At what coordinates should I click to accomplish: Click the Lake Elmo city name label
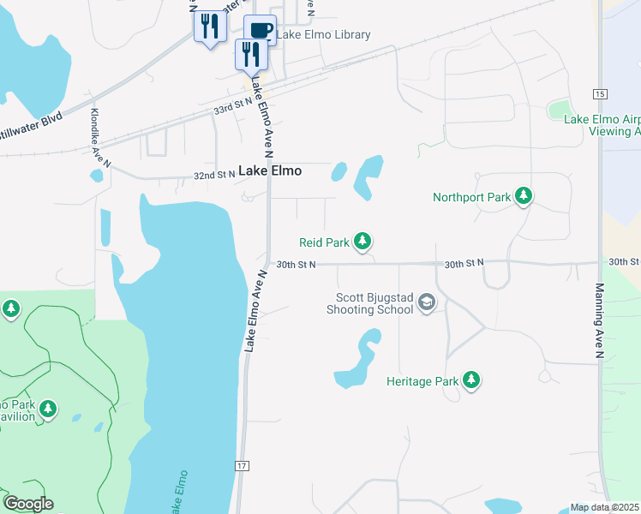[x=270, y=171]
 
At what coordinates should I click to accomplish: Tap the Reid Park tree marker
[x=362, y=242]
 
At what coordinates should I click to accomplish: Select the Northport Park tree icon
[x=524, y=197]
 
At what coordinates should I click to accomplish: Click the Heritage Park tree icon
[x=470, y=380]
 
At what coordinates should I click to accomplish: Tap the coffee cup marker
[x=261, y=31]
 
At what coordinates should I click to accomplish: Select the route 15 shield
[x=599, y=93]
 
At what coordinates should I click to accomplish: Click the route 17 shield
[x=243, y=465]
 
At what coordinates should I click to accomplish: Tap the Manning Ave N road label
[x=600, y=320]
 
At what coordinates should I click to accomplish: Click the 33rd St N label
[x=232, y=107]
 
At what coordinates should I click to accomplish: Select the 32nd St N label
[x=214, y=175]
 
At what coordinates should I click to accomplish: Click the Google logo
[x=28, y=504]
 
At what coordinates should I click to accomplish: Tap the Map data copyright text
[x=605, y=507]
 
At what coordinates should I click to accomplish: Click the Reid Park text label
[x=324, y=243]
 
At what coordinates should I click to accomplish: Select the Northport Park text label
[x=471, y=198]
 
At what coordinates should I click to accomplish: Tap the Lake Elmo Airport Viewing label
[x=602, y=125]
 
